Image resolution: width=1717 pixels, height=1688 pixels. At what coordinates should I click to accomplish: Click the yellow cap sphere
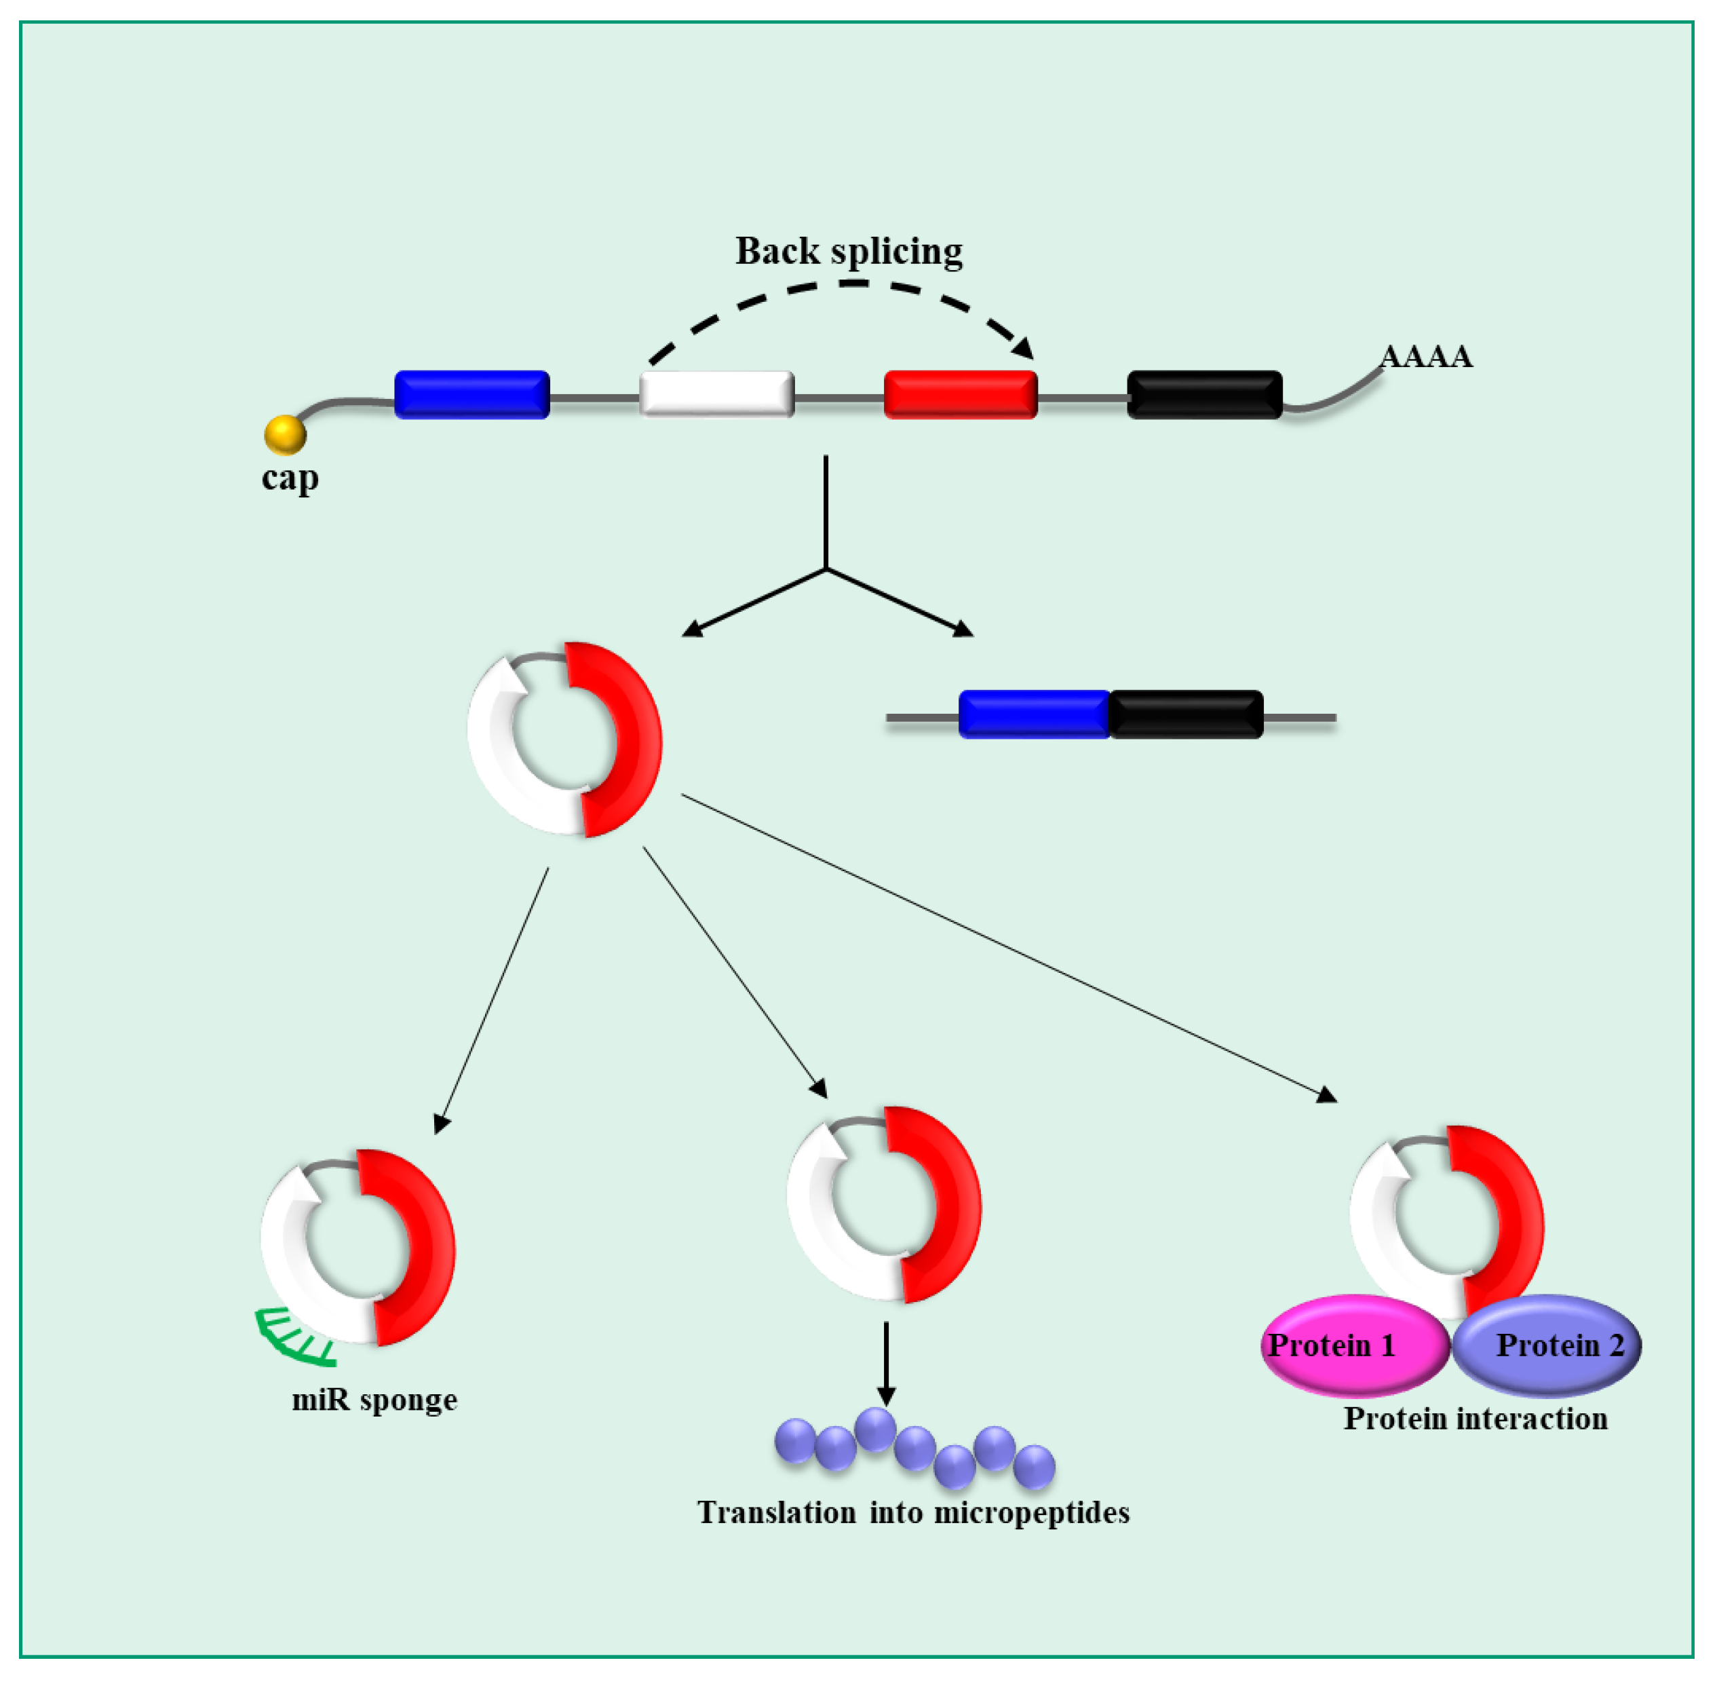(284, 434)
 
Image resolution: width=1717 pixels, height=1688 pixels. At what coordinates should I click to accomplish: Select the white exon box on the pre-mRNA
(716, 394)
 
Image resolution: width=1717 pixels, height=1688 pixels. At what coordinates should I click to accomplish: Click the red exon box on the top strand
(960, 394)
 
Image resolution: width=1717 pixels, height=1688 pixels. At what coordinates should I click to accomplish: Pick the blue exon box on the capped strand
(471, 394)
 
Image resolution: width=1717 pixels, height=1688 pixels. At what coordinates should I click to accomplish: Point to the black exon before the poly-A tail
(1203, 394)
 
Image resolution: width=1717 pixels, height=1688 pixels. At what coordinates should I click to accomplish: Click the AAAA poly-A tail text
(1425, 356)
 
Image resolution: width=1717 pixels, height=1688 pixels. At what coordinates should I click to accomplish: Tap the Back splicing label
(848, 251)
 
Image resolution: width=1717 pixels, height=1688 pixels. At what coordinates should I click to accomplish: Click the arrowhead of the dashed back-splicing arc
(1024, 349)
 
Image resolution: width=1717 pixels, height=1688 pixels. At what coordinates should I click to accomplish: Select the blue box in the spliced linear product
(1034, 714)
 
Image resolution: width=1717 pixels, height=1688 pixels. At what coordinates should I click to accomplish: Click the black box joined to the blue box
(1185, 714)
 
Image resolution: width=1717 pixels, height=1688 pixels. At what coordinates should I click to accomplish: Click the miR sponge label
(374, 1399)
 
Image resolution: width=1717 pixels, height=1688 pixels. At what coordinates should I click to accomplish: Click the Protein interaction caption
(1475, 1419)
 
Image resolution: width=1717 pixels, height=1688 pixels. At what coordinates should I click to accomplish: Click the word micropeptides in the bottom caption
(1031, 1512)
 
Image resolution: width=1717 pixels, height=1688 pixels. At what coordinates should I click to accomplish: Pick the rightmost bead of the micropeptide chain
(1034, 1466)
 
